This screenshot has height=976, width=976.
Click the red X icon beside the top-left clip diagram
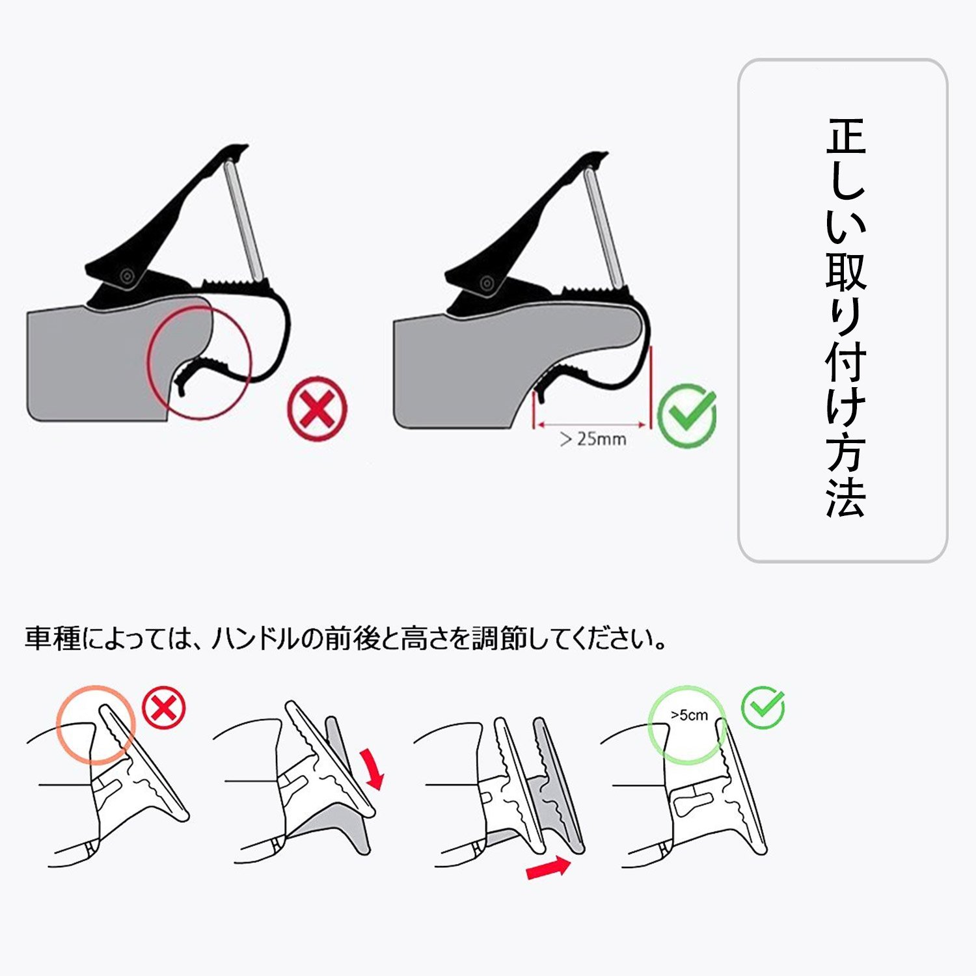click(317, 409)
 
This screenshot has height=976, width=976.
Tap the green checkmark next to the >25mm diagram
click(686, 415)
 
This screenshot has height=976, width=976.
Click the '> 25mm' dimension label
click(593, 439)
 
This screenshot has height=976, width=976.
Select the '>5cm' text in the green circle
click(689, 715)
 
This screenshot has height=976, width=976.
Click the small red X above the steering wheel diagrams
click(164, 709)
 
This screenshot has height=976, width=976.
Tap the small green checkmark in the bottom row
click(764, 707)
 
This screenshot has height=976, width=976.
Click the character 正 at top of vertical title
click(846, 136)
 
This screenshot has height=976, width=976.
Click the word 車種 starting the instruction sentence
click(53, 638)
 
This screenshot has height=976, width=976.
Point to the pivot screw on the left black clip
click(126, 276)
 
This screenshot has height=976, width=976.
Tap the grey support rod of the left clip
click(243, 217)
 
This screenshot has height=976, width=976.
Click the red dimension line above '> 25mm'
click(591, 426)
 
